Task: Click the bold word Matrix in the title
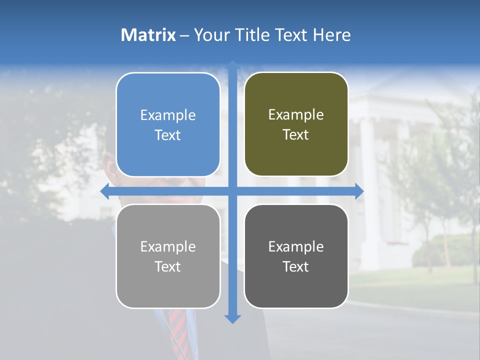tap(148, 35)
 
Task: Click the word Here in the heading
tap(332, 35)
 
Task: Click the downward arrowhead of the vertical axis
tap(232, 318)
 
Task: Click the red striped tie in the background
tap(178, 330)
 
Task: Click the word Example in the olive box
tap(296, 115)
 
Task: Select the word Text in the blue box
tap(168, 135)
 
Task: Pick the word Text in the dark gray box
tap(296, 267)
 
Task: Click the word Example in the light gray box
tap(168, 247)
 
